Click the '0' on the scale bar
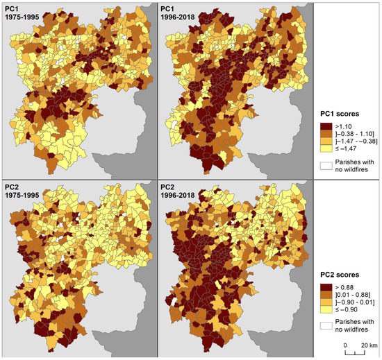point(344,345)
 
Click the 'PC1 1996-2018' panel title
point(178,12)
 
